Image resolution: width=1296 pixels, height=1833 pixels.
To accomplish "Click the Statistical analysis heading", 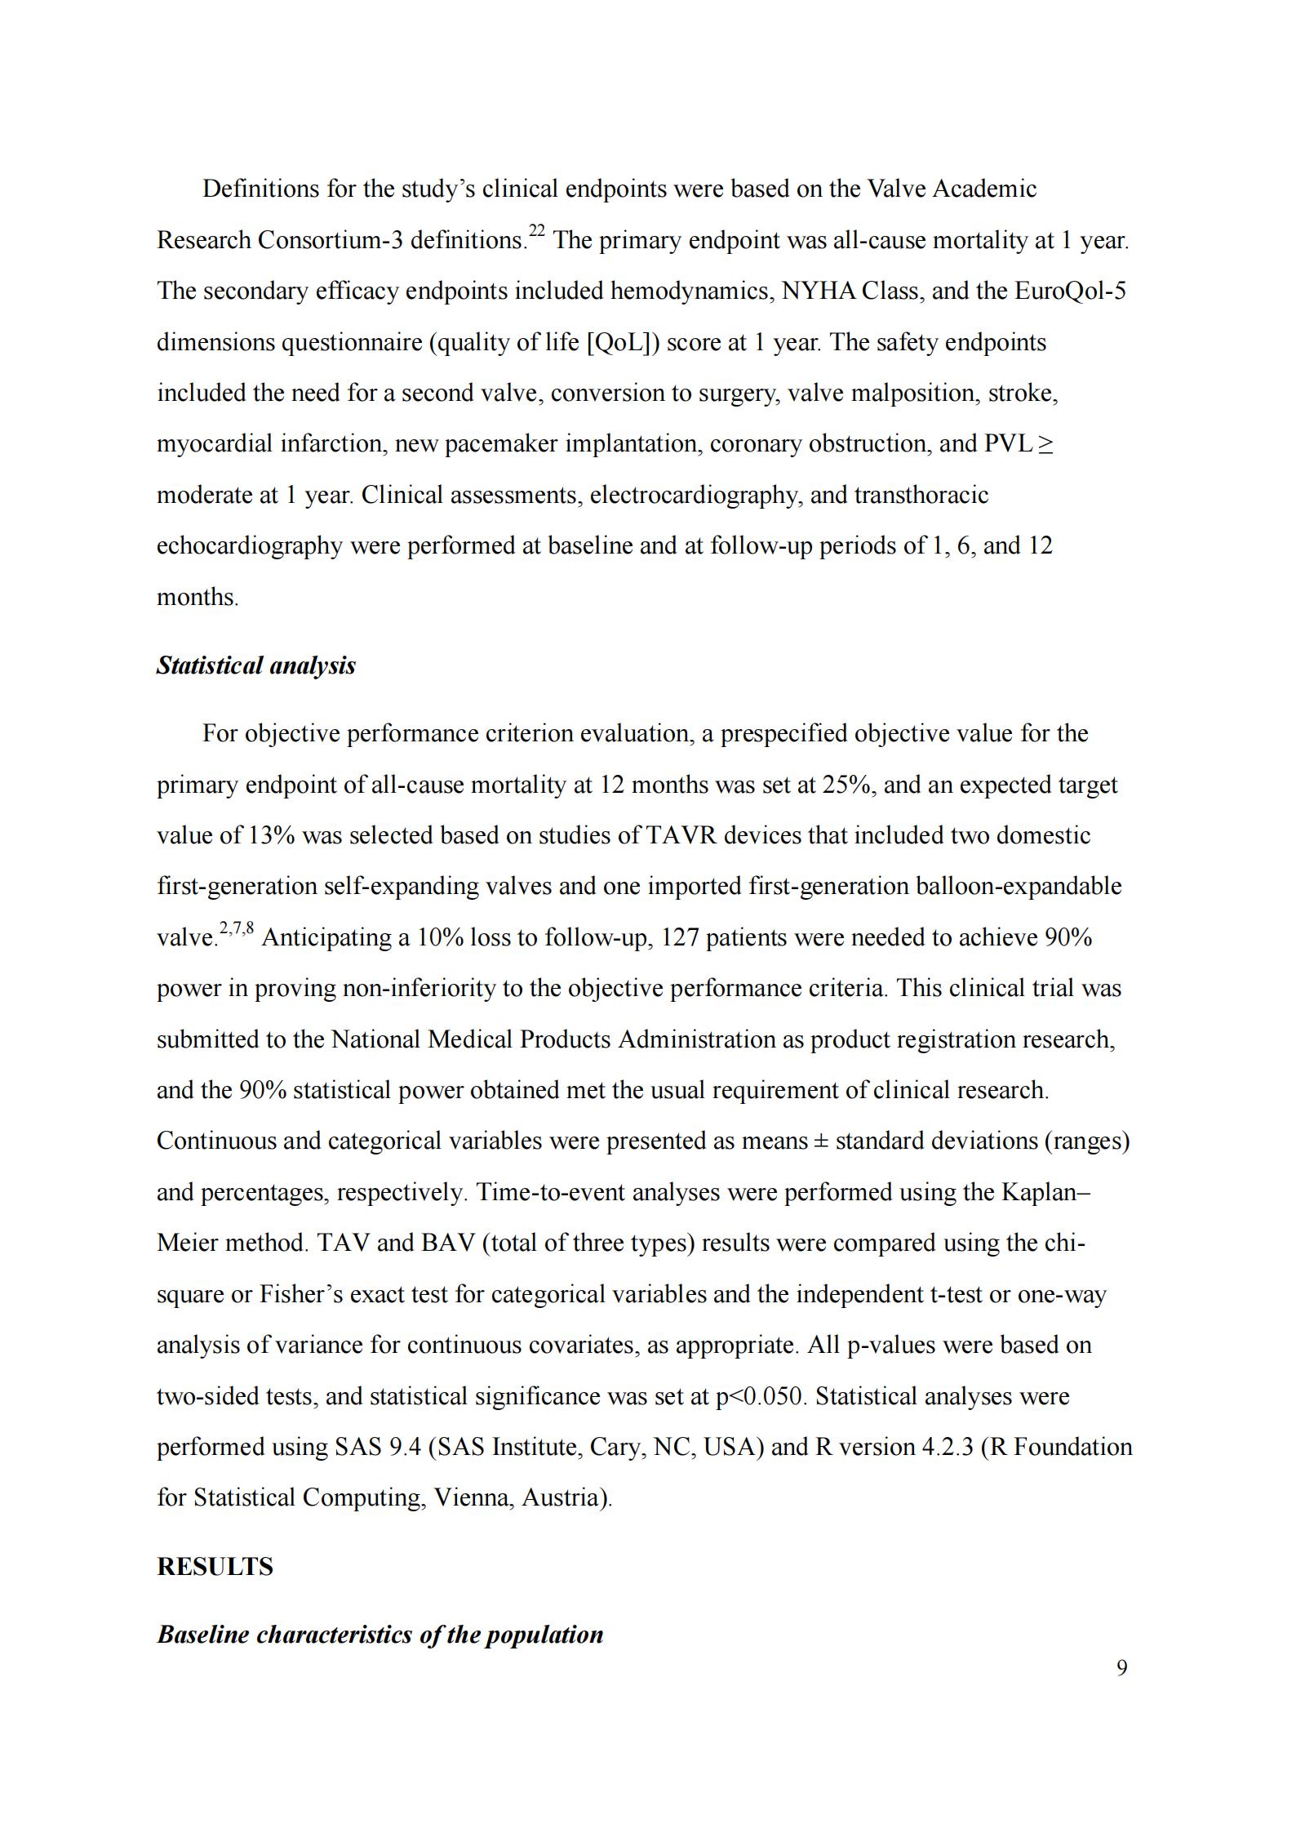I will [255, 665].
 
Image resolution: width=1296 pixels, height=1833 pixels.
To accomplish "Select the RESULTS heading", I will [215, 1567].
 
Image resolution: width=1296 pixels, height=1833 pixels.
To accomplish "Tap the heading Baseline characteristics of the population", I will [379, 1635].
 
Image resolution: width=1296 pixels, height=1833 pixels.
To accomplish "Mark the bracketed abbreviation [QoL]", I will [623, 342].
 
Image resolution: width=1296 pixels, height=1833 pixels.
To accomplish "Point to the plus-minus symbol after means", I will [822, 1141].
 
